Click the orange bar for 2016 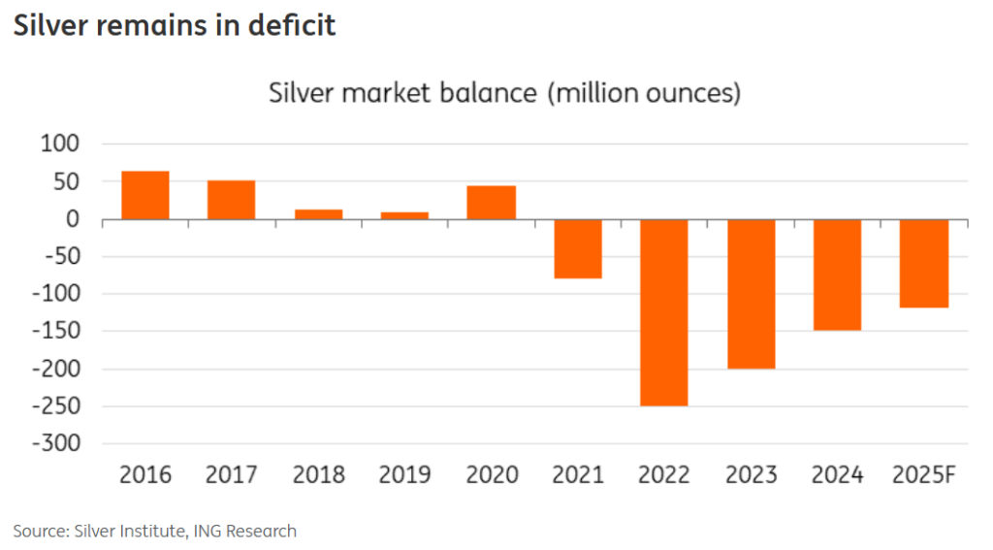[145, 195]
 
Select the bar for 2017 [232, 200]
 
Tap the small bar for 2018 [318, 213]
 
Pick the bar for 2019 [404, 215]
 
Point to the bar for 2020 [492, 202]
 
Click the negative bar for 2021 [578, 248]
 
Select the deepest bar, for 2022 [664, 312]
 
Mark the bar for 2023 [752, 294]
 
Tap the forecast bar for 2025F [924, 263]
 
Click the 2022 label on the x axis [664, 475]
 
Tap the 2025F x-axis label [924, 475]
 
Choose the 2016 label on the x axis [145, 475]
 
